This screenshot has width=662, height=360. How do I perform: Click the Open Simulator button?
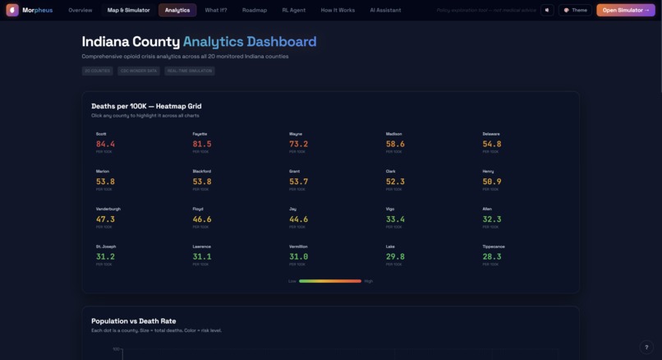(625, 10)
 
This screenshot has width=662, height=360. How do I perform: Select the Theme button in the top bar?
(575, 10)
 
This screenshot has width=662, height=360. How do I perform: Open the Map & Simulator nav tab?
(128, 10)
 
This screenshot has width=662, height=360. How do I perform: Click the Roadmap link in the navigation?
(255, 10)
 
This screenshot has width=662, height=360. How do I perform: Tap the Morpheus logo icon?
(12, 10)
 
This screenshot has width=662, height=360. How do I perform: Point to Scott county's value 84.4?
(105, 144)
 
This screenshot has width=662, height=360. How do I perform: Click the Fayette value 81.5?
(202, 144)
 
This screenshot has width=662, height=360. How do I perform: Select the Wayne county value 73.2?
(298, 144)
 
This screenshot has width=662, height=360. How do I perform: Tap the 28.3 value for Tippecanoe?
(492, 256)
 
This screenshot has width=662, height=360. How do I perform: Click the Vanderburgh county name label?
(108, 209)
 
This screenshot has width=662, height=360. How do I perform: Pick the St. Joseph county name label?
(105, 247)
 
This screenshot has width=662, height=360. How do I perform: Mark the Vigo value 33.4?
(395, 219)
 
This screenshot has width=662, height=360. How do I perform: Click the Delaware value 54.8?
(492, 144)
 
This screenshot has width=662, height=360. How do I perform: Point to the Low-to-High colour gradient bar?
(330, 281)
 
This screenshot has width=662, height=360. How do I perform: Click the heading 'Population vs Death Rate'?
(133, 321)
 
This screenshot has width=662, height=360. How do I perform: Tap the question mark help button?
(646, 347)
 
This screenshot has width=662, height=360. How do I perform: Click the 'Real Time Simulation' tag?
(190, 71)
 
